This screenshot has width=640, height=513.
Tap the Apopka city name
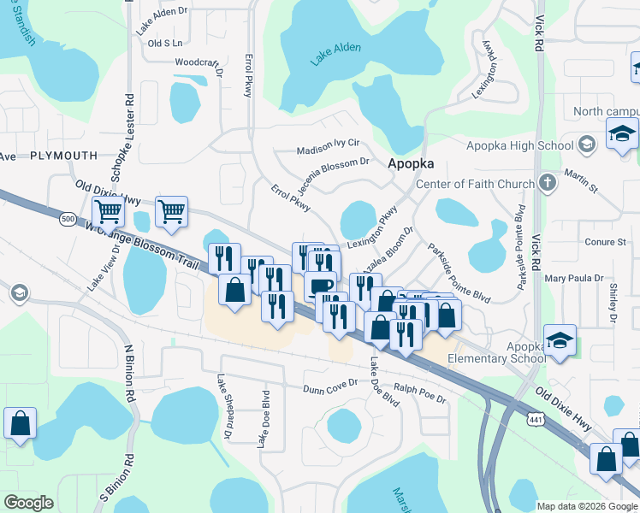pyautogui.click(x=411, y=163)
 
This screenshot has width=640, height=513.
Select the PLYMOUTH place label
pyautogui.click(x=63, y=156)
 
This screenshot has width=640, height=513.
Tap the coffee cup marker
pyautogui.click(x=320, y=286)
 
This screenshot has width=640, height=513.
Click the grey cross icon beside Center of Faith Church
pyautogui.click(x=548, y=183)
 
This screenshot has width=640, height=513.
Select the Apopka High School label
pyautogui.click(x=519, y=145)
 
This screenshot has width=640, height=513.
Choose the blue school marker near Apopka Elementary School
pyautogui.click(x=560, y=339)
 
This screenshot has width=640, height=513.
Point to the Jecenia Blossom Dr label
pyautogui.click(x=333, y=167)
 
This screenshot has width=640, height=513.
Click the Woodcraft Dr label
pyautogui.click(x=199, y=62)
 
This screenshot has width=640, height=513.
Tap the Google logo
pyautogui.click(x=28, y=503)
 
